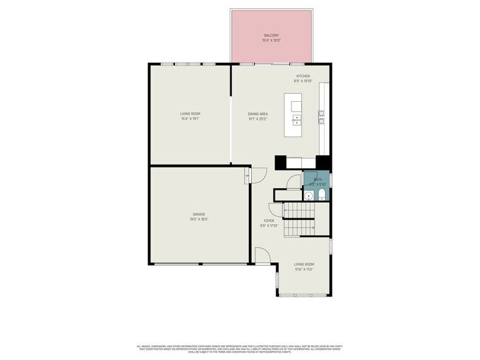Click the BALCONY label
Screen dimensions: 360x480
pyautogui.click(x=272, y=35)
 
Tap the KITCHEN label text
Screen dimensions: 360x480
pyautogui.click(x=303, y=76)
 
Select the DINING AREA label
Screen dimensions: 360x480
pyautogui.click(x=257, y=114)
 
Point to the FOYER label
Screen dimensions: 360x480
pyautogui.click(x=270, y=221)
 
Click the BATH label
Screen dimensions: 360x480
pyautogui.click(x=317, y=180)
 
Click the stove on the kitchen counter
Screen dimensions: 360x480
pyautogui.click(x=321, y=114)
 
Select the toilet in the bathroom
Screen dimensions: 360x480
pyautogui.click(x=323, y=195)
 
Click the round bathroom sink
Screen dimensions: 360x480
pyautogui.click(x=309, y=196)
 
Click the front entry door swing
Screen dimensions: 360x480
pyautogui.click(x=263, y=255)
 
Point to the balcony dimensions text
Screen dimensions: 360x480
pyautogui.click(x=272, y=40)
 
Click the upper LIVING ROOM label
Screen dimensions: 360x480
pyautogui.click(x=190, y=114)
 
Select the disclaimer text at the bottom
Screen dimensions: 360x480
pyautogui.click(x=240, y=347)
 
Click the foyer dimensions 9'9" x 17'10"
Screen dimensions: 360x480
pyautogui.click(x=270, y=226)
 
